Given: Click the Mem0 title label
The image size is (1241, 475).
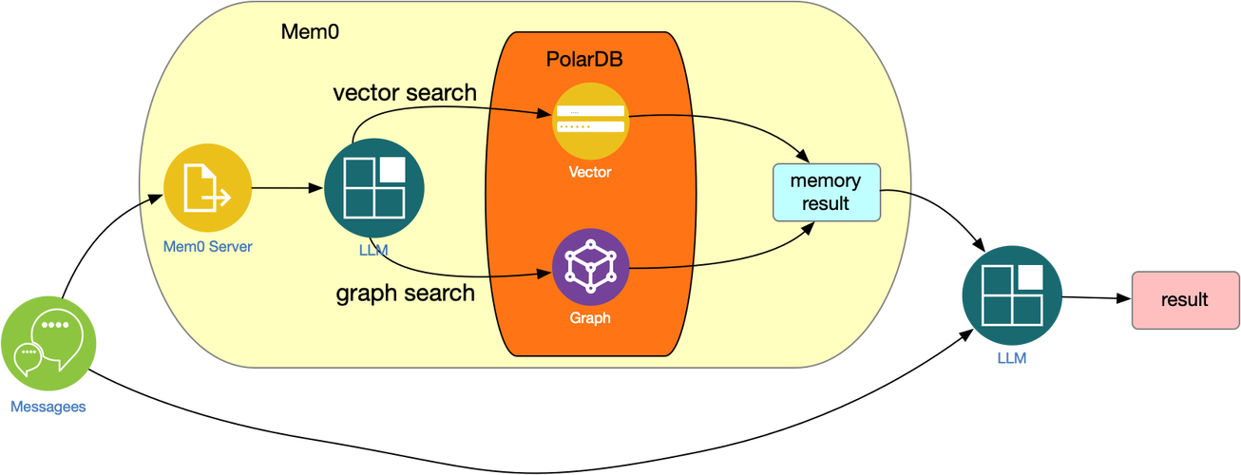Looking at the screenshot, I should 310,31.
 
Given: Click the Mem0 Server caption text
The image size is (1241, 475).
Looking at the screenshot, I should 207,247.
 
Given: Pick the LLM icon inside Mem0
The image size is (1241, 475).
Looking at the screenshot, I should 373,190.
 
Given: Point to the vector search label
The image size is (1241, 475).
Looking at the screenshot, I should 405,92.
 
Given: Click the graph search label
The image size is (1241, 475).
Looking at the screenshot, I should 405,293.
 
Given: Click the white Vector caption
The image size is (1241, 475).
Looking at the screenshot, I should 590,172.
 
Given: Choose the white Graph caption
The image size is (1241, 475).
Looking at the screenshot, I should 590,318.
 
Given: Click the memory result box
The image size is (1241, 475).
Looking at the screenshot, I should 826,192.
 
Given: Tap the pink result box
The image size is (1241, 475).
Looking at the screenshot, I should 1184,300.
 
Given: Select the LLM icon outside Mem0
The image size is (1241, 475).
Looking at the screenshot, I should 1011,294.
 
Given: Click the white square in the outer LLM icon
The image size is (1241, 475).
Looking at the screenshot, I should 1031,276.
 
